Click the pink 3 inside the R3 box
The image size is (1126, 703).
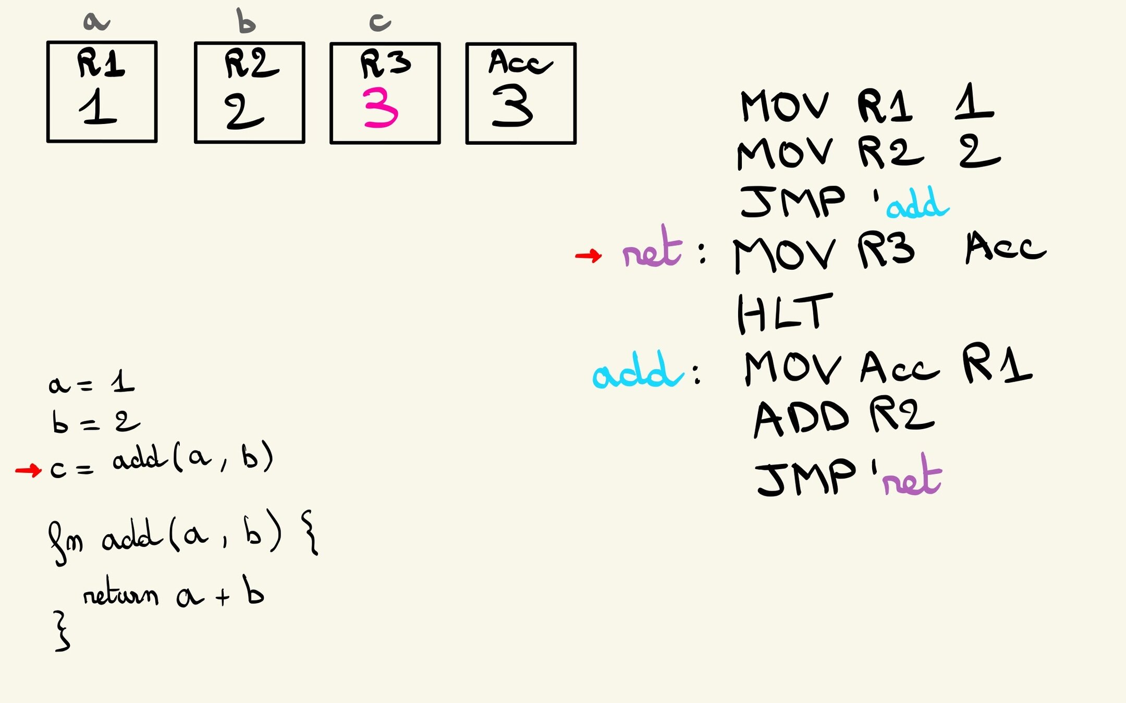click(381, 108)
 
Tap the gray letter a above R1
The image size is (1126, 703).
click(96, 21)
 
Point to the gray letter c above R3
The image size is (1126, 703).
click(380, 22)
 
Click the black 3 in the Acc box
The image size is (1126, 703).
click(512, 106)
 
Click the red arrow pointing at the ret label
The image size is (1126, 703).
click(589, 255)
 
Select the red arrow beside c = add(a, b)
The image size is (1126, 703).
click(28, 471)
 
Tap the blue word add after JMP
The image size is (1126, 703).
click(917, 204)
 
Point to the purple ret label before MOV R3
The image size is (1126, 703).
click(652, 249)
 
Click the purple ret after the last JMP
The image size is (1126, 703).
click(912, 477)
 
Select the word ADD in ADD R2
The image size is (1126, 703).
click(801, 419)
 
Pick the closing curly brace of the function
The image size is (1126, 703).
click(62, 631)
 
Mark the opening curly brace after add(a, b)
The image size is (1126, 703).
click(310, 533)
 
